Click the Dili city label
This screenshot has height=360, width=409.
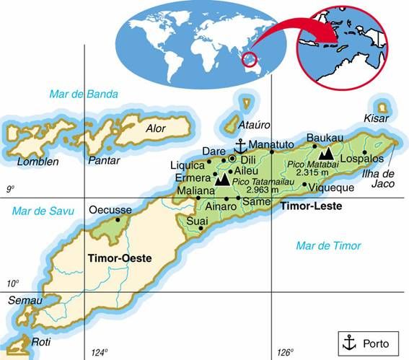pyautogui.click(x=248, y=159)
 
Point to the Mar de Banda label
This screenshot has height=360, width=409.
pyautogui.click(x=83, y=94)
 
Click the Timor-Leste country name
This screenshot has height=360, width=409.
pyautogui.click(x=311, y=206)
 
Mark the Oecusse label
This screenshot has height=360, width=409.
pyautogui.click(x=110, y=210)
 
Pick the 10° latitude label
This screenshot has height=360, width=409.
pyautogui.click(x=12, y=284)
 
